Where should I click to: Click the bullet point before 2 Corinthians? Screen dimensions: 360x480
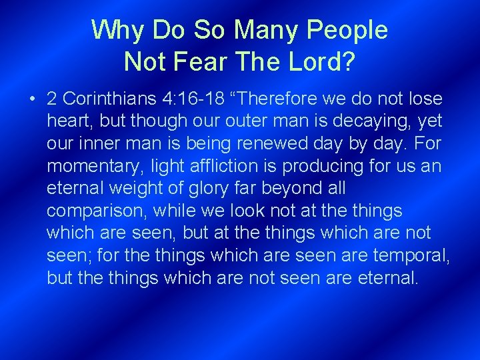(x=32, y=99)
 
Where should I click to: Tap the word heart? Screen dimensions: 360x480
(x=68, y=121)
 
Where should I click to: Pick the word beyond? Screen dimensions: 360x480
(x=283, y=188)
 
